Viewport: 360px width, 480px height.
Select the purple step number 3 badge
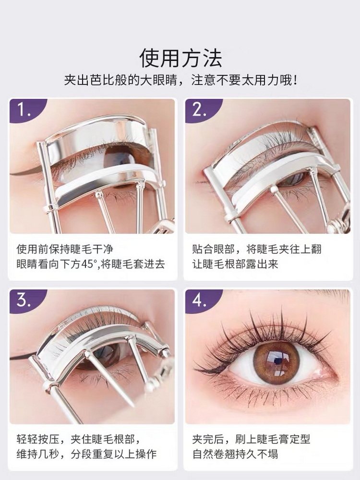click(25, 301)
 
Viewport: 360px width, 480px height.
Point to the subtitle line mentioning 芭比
click(180, 80)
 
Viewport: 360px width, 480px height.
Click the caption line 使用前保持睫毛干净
click(65, 249)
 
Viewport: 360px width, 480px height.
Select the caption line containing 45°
click(91, 264)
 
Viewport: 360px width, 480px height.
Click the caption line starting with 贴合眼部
click(257, 249)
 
